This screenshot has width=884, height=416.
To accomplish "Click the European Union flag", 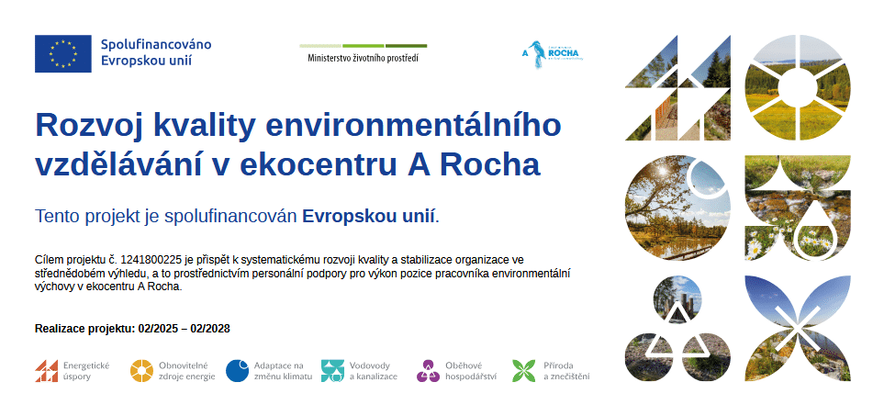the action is (x=63, y=53).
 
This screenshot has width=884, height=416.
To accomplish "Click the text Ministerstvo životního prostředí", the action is (x=364, y=58).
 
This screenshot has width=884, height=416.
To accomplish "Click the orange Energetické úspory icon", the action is (x=46, y=371).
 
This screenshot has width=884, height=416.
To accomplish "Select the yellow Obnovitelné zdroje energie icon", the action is (x=141, y=371).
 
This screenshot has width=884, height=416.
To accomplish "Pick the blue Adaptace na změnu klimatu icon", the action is (x=238, y=371).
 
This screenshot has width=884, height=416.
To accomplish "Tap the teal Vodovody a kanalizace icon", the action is (x=332, y=371).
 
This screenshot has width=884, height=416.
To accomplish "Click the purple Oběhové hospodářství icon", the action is (x=428, y=371).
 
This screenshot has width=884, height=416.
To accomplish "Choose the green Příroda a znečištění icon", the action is (x=524, y=371).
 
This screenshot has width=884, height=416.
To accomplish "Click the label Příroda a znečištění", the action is (x=566, y=371).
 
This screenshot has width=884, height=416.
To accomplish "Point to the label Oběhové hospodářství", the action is (x=471, y=371).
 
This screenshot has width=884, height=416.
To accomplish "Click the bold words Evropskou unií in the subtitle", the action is (x=369, y=216).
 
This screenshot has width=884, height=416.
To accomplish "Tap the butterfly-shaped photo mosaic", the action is (x=798, y=328).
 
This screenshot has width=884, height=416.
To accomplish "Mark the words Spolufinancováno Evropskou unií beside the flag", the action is (x=156, y=52).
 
